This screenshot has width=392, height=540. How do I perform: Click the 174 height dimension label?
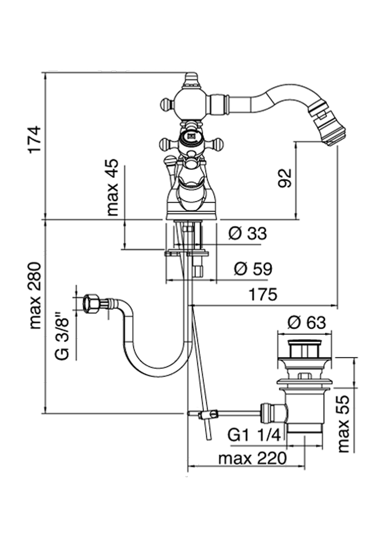(35, 139)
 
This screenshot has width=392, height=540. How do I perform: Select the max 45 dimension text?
(112, 187)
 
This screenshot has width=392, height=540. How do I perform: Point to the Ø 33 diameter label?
(247, 233)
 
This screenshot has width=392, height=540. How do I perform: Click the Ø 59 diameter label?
(253, 269)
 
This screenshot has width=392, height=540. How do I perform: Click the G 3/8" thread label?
(63, 335)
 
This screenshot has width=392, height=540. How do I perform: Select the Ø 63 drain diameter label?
(307, 323)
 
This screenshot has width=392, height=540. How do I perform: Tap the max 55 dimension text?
(344, 424)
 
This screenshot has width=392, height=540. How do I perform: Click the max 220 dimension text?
(253, 458)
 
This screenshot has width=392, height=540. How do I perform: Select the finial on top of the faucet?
(190, 80)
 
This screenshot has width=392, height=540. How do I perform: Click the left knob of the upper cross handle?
(166, 104)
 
